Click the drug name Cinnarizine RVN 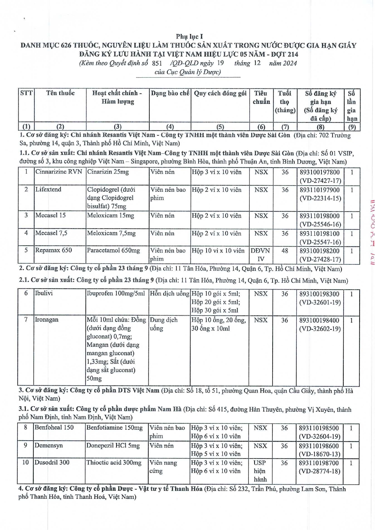[x=59, y=172]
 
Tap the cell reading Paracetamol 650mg [x=114, y=250]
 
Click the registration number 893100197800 [x=319, y=172]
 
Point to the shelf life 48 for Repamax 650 [x=285, y=251]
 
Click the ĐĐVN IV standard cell [x=261, y=255]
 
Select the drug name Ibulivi [x=44, y=293]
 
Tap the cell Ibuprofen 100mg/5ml [x=116, y=293]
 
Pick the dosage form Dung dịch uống [x=164, y=324]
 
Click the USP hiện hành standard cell [x=260, y=471]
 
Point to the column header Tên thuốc [x=60, y=93]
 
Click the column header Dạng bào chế [x=170, y=93]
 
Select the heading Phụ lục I [x=189, y=37]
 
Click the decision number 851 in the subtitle [x=157, y=63]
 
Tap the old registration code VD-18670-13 [x=320, y=454]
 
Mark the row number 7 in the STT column [x=26, y=320]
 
